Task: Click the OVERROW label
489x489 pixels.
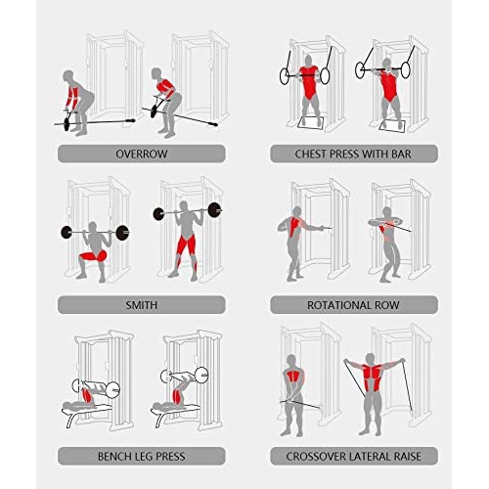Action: (x=142, y=154)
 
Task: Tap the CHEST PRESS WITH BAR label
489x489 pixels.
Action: (x=353, y=154)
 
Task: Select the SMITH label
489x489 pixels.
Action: (x=142, y=305)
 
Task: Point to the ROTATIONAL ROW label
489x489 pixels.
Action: (x=353, y=305)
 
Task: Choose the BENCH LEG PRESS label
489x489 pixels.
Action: (x=142, y=456)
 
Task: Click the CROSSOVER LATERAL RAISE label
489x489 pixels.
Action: (x=354, y=456)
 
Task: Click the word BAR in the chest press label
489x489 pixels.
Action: (x=401, y=154)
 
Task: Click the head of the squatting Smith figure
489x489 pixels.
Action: (x=93, y=226)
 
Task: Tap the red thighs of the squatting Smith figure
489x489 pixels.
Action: (x=93, y=256)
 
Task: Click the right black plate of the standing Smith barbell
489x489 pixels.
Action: (x=214, y=209)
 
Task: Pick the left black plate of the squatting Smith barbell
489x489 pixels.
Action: (x=67, y=233)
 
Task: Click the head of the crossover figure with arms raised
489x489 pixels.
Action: (x=370, y=359)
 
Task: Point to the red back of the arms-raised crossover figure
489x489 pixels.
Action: (x=372, y=378)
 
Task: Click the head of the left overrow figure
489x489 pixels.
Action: (x=68, y=75)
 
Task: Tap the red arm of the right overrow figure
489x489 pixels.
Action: (x=165, y=86)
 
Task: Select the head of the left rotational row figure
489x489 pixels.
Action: (x=297, y=210)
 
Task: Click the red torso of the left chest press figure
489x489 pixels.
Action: (x=308, y=81)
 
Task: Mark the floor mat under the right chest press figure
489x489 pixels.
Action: (x=392, y=126)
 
